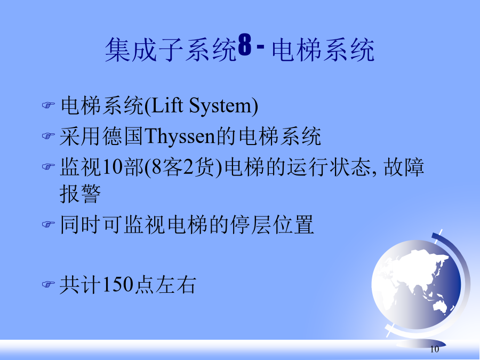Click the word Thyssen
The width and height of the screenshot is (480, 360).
tap(180, 136)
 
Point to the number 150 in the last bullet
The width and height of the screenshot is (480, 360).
tap(117, 284)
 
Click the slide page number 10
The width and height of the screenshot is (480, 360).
tap(434, 349)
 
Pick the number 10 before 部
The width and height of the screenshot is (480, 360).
tap(113, 167)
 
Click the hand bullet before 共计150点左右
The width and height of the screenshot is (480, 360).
tap(48, 284)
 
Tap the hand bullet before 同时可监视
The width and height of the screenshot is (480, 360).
tap(48, 225)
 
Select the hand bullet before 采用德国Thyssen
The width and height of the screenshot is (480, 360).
tap(48, 135)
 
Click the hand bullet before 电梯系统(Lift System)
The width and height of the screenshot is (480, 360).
tap(48, 105)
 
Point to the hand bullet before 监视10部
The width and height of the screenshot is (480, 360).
tap(48, 166)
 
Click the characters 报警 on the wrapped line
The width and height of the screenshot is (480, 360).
tap(80, 194)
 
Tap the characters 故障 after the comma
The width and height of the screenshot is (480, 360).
tap(404, 167)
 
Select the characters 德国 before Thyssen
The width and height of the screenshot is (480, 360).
tap(123, 136)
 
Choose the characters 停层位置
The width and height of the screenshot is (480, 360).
tap(272, 225)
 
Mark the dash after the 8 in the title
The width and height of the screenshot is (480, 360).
tap(260, 46)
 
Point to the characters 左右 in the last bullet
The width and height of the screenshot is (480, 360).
tap(175, 285)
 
